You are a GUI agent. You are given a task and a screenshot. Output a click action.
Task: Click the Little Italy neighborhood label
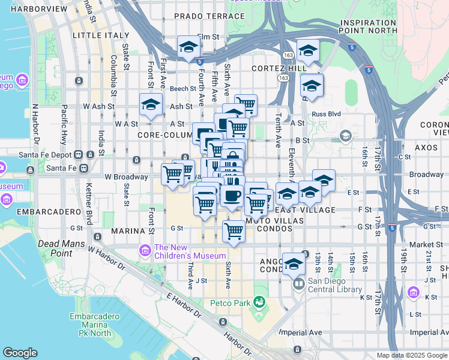point(96,36)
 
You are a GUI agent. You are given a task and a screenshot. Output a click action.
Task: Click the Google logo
point(20,353)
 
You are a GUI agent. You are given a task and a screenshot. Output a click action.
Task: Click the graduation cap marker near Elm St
point(188,46)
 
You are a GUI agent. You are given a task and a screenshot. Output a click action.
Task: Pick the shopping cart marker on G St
point(234,230)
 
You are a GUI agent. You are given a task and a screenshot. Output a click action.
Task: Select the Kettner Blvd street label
point(89,197)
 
